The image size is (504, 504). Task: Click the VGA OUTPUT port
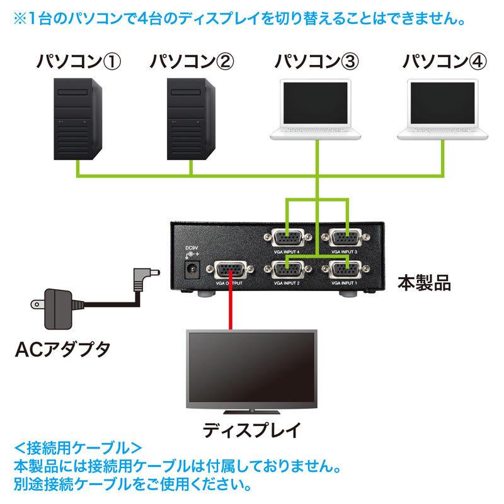tap(231, 272)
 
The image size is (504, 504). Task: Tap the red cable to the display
tap(231, 309)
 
